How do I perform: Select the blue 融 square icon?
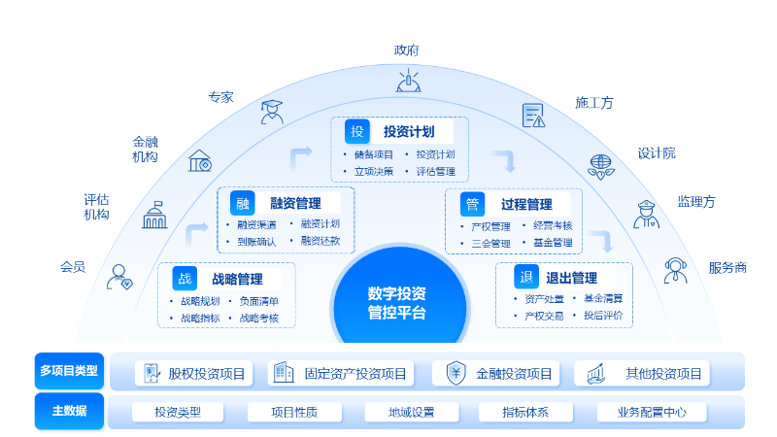243,203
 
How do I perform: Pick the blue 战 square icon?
185,279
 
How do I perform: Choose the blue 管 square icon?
472,204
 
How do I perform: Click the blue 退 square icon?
525,278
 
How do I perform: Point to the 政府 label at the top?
407,50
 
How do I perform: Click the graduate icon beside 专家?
272,112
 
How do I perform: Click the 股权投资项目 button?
195,373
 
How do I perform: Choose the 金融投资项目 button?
500,373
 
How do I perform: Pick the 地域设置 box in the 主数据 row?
412,412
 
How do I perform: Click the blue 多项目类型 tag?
69,371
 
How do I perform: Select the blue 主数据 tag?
69,411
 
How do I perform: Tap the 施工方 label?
594,102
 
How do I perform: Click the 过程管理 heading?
526,204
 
